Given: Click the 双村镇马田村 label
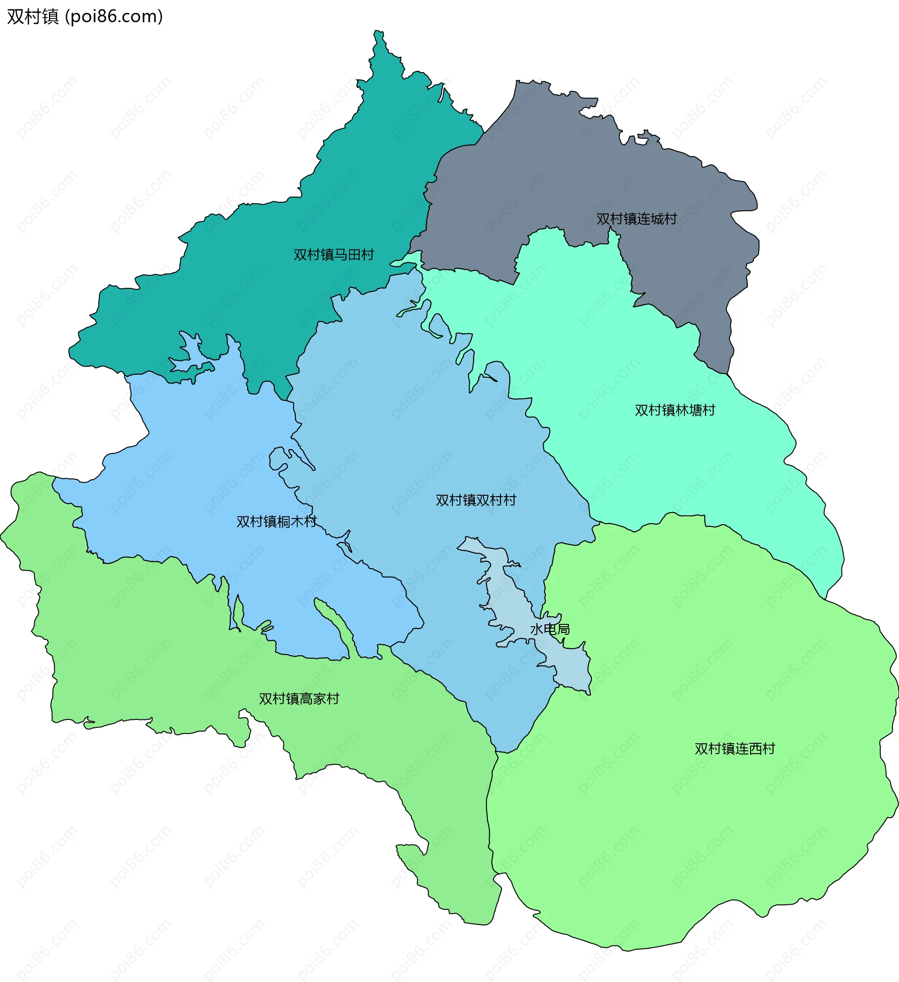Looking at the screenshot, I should pos(333,255).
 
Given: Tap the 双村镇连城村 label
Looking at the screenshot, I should pos(636,219).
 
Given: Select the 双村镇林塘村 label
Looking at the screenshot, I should pos(674,410).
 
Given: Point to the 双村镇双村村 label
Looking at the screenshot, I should pos(476,500).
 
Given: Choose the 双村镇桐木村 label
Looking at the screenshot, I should pos(276,522).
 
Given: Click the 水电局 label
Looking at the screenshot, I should pos(550,629).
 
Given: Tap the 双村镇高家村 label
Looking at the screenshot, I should pos(299,698).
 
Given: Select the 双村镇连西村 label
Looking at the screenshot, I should pos(734,749).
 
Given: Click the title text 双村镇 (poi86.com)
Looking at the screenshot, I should pos(85,16).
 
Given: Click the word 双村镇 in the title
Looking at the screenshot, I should pos(33,16).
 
